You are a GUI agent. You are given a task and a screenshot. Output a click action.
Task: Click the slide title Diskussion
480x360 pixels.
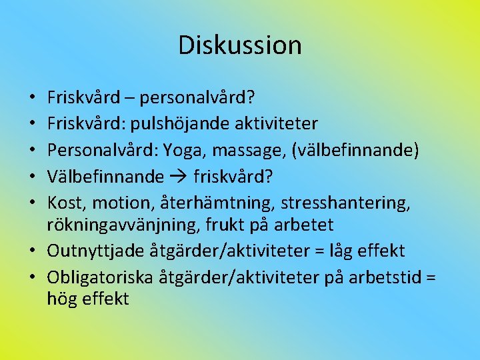click(240, 45)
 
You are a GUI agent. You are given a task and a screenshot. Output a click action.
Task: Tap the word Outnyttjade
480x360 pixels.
click(92, 251)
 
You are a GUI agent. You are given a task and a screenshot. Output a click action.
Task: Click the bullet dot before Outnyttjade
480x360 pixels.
click(33, 251)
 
